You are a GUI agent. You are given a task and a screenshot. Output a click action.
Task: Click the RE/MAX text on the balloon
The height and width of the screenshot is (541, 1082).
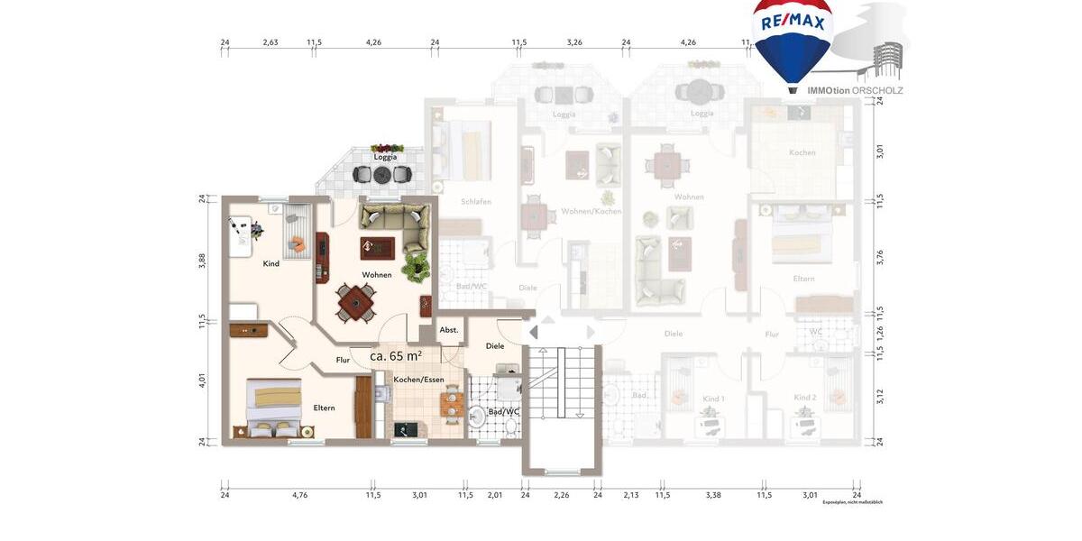[x=793, y=23]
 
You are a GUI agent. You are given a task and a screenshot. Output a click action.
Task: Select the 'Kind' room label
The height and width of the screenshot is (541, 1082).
[x=270, y=263]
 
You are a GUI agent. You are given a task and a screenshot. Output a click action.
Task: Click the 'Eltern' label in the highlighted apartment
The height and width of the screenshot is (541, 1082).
[x=324, y=408]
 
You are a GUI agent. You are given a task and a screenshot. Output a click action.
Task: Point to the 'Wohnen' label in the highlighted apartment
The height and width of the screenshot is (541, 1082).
[x=377, y=274]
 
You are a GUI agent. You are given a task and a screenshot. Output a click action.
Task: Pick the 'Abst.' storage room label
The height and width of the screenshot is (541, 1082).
[x=449, y=330]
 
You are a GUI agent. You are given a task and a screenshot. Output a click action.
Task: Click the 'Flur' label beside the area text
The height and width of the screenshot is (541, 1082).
[x=343, y=360]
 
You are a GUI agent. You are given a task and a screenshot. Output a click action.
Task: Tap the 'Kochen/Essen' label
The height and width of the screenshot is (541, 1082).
[x=418, y=380]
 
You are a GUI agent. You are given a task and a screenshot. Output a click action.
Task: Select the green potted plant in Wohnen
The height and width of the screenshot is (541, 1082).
[x=416, y=266]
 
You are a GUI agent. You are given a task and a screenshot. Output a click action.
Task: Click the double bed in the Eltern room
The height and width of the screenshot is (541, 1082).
[x=274, y=406]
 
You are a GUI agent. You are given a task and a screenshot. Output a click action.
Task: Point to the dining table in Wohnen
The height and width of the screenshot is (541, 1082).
[x=357, y=302]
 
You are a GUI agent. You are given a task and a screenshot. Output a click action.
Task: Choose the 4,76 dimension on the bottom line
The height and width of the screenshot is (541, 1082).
[x=299, y=494]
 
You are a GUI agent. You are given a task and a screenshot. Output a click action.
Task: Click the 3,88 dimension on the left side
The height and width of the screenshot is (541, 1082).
[x=203, y=261]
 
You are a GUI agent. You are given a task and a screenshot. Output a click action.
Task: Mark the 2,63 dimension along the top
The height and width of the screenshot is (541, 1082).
[x=270, y=41]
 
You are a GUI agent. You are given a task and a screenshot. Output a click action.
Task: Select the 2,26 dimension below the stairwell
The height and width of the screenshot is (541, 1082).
[x=561, y=494]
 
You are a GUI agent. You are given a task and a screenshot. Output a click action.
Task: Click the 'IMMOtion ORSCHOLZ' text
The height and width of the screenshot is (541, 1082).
[x=855, y=90]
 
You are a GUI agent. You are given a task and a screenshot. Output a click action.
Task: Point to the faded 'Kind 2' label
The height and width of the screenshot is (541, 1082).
[x=804, y=398]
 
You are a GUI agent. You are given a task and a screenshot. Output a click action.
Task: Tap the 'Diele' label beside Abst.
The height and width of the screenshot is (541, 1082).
[x=495, y=345]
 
